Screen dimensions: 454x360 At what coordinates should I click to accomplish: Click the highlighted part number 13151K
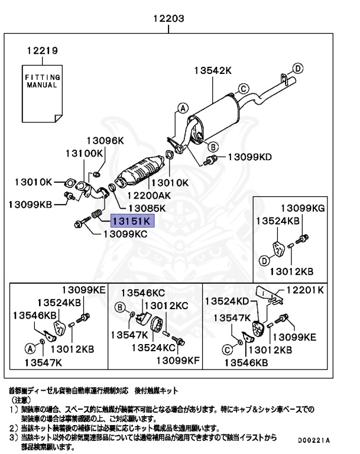pyautogui.click(x=131, y=222)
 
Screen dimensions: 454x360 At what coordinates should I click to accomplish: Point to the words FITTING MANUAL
pyautogui.click(x=41, y=81)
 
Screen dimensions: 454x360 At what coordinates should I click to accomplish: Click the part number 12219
pyautogui.click(x=41, y=51)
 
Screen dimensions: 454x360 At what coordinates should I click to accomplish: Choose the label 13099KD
pyautogui.click(x=249, y=157)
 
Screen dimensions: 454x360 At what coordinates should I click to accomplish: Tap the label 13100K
pyautogui.click(x=83, y=153)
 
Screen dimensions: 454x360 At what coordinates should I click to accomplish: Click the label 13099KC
pyautogui.click(x=125, y=234)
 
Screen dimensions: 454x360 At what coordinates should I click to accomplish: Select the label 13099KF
pyautogui.click(x=178, y=360)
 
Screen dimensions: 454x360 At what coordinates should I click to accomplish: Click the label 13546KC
pyautogui.click(x=142, y=292)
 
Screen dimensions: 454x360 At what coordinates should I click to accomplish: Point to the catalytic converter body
pyautogui.click(x=142, y=171)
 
